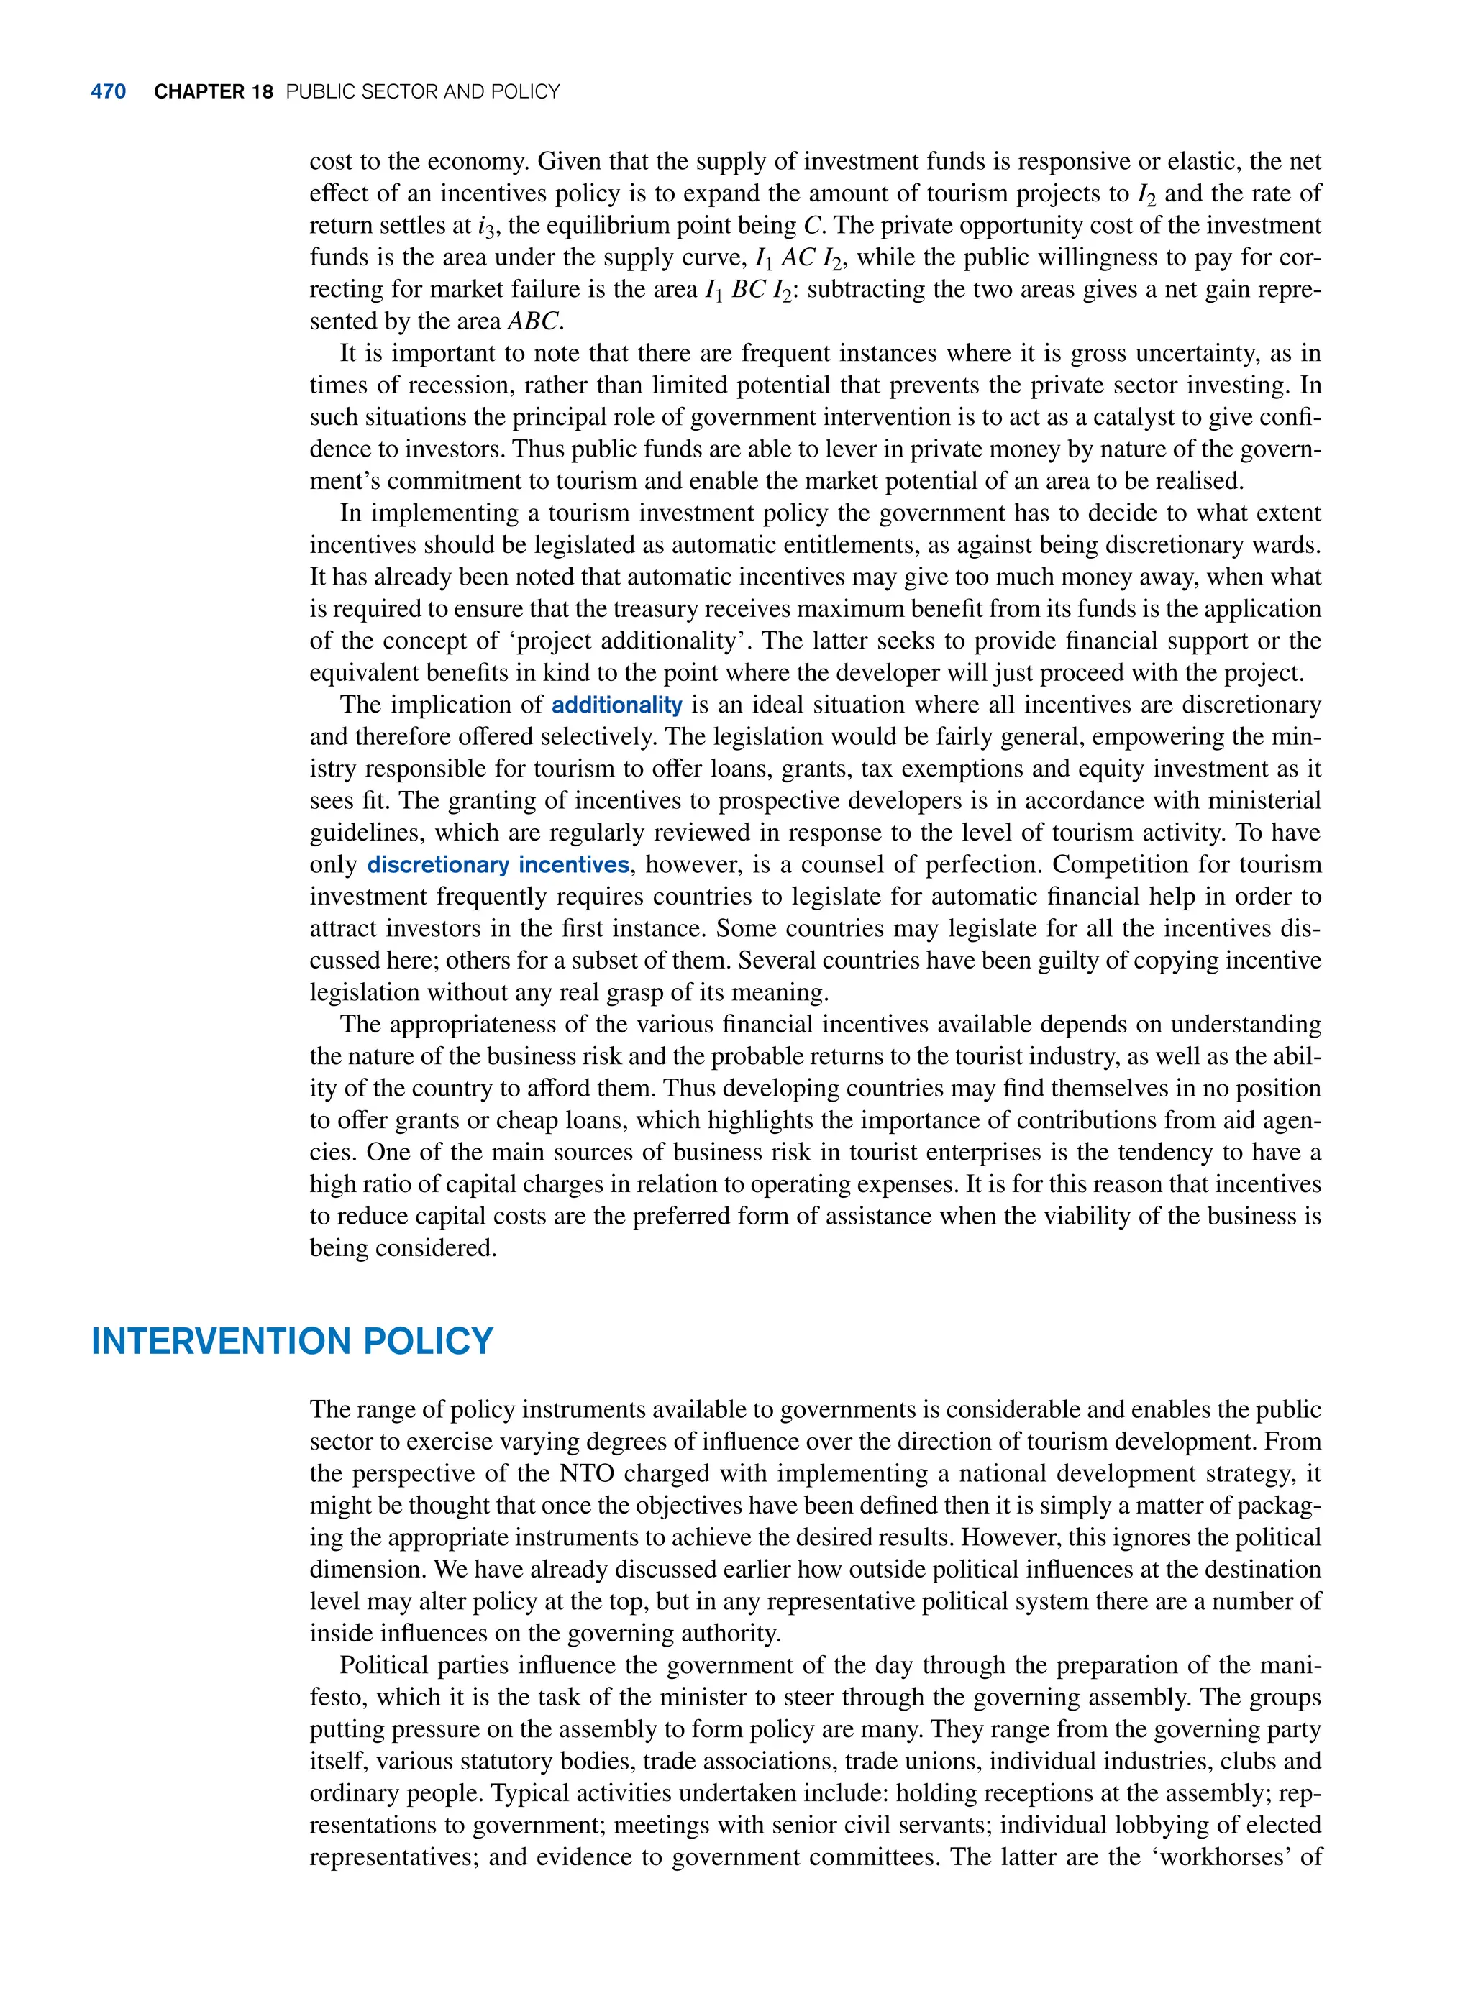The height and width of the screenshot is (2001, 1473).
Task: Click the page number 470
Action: pyautogui.click(x=108, y=92)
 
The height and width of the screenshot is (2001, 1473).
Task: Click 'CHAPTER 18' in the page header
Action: pyautogui.click(x=213, y=92)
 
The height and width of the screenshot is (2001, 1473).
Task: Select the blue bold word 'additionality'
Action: pyautogui.click(x=616, y=705)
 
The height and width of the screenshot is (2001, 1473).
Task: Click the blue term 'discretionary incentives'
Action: pyautogui.click(x=498, y=864)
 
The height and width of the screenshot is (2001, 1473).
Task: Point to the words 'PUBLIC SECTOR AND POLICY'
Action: pyautogui.click(x=423, y=92)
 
